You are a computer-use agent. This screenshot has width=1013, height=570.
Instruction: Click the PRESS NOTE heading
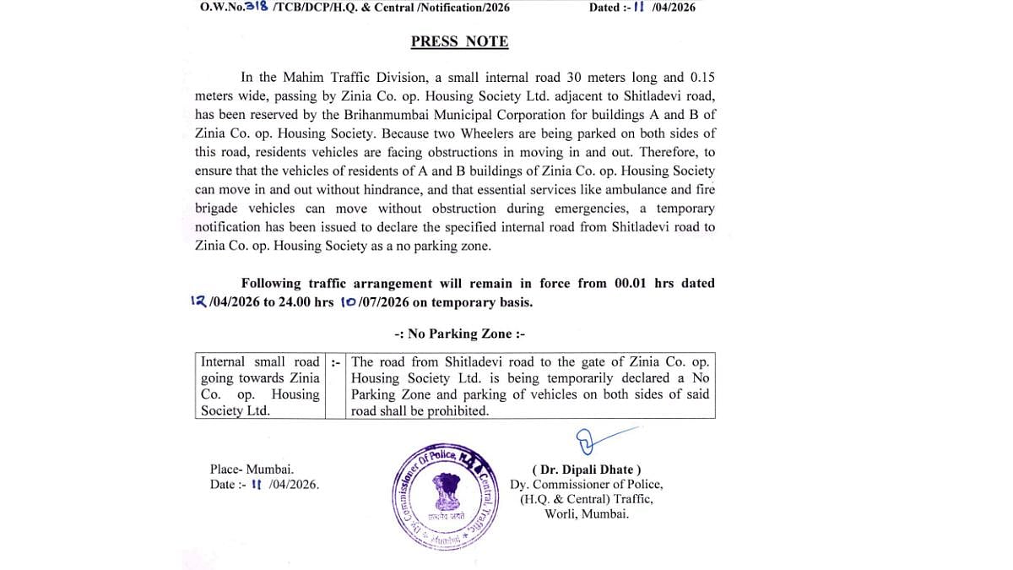[x=459, y=41]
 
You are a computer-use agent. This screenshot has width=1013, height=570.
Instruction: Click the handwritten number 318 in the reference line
[x=257, y=7]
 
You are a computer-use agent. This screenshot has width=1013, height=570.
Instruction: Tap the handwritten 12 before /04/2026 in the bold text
[x=200, y=302]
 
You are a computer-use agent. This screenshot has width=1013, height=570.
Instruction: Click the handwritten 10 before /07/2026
[x=349, y=302]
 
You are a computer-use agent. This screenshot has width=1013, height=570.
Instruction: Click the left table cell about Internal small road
[x=260, y=386]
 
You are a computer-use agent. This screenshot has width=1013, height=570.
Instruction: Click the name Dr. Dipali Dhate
[x=586, y=470]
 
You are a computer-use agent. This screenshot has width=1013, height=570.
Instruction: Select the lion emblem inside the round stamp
[x=448, y=493]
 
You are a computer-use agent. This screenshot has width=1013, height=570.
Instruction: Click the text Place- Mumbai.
[x=252, y=470]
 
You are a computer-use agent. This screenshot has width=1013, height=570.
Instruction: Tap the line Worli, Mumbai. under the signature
[x=586, y=513]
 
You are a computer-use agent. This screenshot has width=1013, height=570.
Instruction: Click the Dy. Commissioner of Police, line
[x=586, y=485]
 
